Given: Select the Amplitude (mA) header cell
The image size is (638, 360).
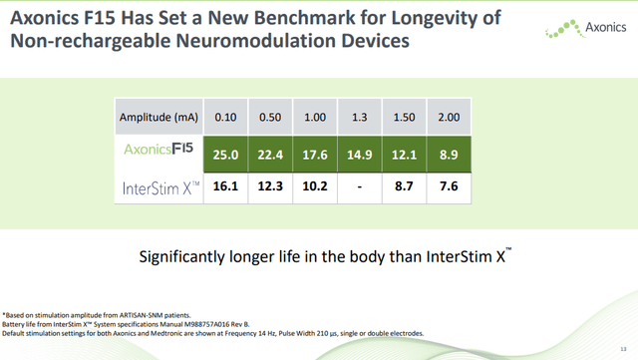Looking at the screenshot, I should pyautogui.click(x=159, y=118).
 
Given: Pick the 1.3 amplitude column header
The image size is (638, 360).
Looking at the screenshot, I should pyautogui.click(x=359, y=118).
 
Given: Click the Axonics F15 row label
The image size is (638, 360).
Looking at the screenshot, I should pyautogui.click(x=159, y=153).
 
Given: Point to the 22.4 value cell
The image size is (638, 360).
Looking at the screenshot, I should pyautogui.click(x=271, y=153).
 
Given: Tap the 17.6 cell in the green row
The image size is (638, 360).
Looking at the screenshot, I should pyautogui.click(x=315, y=153).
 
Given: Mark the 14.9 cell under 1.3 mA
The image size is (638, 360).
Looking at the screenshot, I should pyautogui.click(x=359, y=153).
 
